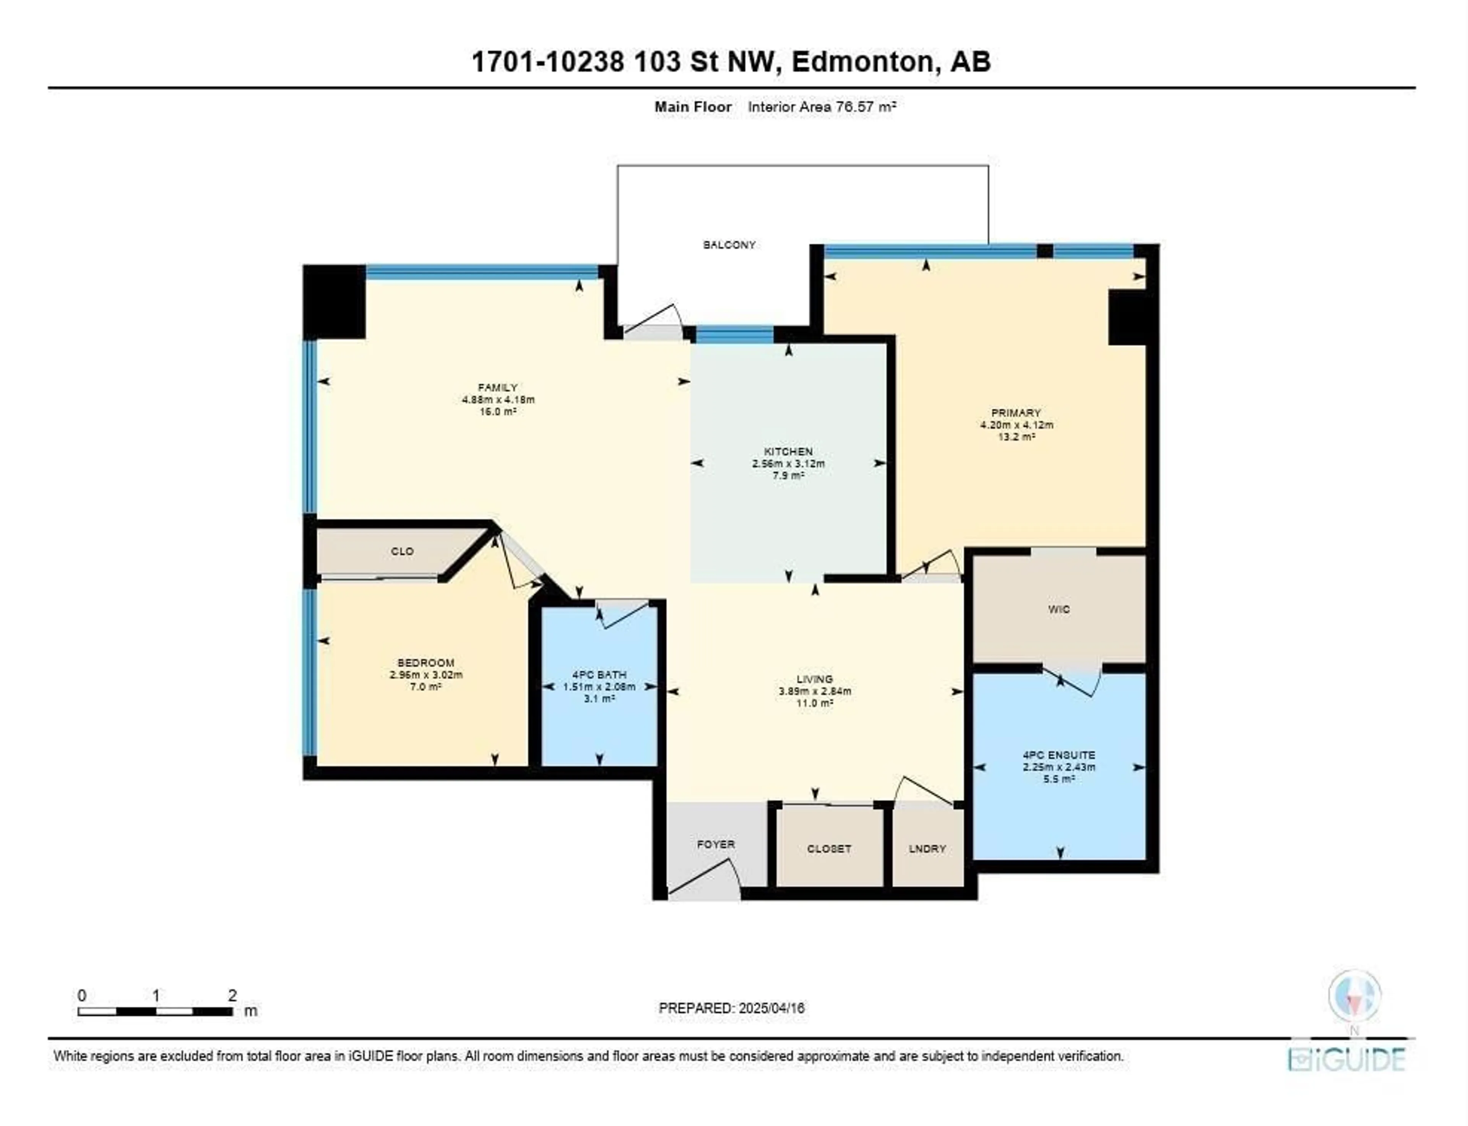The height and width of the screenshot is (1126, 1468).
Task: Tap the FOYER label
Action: click(x=716, y=845)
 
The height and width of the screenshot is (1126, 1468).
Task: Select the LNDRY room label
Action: click(x=927, y=848)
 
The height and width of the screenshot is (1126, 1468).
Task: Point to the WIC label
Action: click(x=1059, y=609)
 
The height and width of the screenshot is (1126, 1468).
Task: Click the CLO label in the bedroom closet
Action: click(x=402, y=551)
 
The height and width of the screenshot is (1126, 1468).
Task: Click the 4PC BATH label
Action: click(x=599, y=675)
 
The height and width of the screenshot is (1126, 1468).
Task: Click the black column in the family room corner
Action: click(x=335, y=302)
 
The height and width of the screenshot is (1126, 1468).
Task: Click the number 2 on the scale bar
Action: click(x=232, y=995)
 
